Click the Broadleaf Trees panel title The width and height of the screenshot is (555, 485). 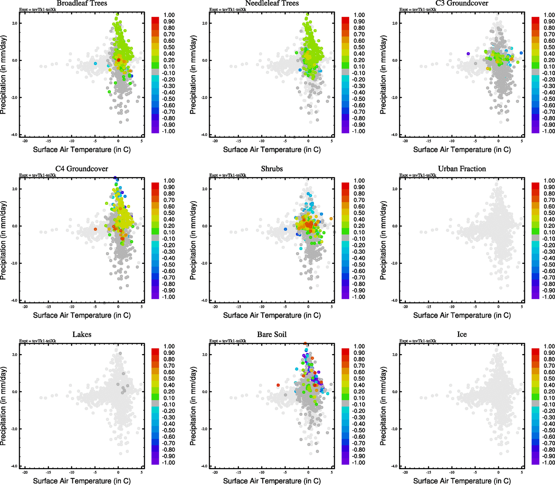[82, 3]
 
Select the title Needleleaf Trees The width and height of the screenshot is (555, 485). [272, 3]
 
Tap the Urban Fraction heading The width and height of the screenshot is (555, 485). [462, 169]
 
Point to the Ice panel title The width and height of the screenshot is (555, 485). [462, 335]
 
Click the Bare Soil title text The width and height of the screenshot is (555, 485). [272, 335]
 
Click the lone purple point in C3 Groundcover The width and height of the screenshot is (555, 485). [468, 53]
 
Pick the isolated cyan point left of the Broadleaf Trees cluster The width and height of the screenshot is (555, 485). [95, 63]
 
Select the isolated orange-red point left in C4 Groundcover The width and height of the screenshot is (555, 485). [95, 229]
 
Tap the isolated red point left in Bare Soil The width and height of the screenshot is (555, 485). [278, 385]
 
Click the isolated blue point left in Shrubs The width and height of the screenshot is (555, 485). [285, 229]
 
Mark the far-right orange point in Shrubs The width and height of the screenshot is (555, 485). [331, 219]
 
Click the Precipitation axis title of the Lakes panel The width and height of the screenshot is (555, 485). [4, 406]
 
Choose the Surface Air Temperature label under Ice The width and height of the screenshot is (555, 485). [462, 481]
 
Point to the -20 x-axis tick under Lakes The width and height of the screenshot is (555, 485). [25, 472]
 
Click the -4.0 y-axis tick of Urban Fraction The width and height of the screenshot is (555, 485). [395, 300]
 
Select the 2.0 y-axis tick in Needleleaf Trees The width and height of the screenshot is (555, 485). [205, 23]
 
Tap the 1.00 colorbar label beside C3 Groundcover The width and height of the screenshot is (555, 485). [549, 15]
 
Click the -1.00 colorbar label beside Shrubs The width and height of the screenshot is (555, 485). [358, 297]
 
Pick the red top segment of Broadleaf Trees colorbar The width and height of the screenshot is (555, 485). [155, 20]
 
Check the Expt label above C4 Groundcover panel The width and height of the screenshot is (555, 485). [38, 175]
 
